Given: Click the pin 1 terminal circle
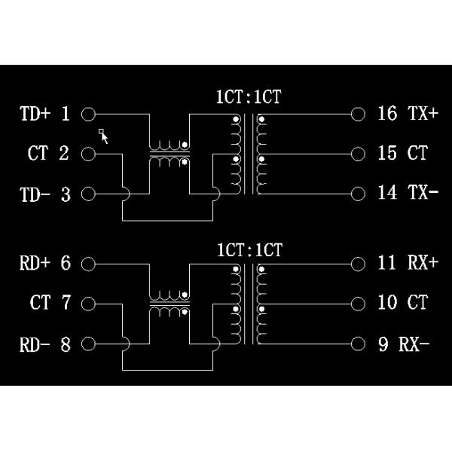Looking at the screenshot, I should (x=88, y=115).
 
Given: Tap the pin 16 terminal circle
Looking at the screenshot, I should (x=358, y=115).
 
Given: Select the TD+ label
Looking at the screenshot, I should (x=35, y=114).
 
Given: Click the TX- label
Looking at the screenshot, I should (x=423, y=193).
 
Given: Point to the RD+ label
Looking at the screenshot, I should (x=35, y=264).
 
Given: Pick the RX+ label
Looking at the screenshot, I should (x=423, y=264).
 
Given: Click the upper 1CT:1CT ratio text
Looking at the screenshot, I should (x=249, y=97).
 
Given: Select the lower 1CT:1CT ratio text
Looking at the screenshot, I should (x=249, y=249).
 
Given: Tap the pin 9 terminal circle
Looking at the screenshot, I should (x=358, y=345).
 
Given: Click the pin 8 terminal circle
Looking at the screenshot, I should (x=88, y=345).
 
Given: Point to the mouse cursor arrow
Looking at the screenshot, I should (x=104, y=136).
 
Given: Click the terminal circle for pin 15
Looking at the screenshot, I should (x=358, y=154).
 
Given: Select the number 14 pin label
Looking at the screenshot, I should (x=387, y=193).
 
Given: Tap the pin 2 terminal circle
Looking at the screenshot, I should (x=88, y=154).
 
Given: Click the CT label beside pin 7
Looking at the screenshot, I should (x=40, y=304).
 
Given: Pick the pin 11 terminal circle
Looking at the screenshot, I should (x=358, y=264).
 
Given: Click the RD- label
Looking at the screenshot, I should (x=35, y=345).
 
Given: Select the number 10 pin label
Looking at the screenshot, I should (x=387, y=304).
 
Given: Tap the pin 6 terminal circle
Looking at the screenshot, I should (x=88, y=264).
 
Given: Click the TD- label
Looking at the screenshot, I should (x=35, y=194).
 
